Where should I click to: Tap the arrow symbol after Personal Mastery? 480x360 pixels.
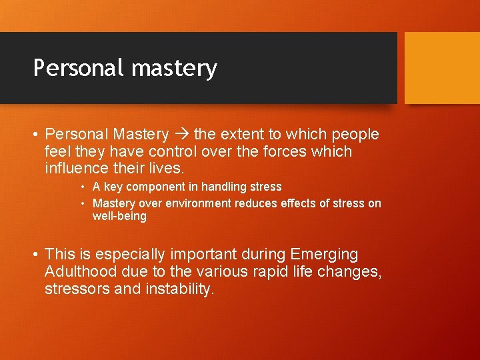point(181,134)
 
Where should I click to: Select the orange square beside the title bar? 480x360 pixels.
point(442,67)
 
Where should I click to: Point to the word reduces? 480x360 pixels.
point(256,203)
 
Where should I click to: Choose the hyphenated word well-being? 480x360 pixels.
point(119,216)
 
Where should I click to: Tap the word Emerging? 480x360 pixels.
point(324,255)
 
